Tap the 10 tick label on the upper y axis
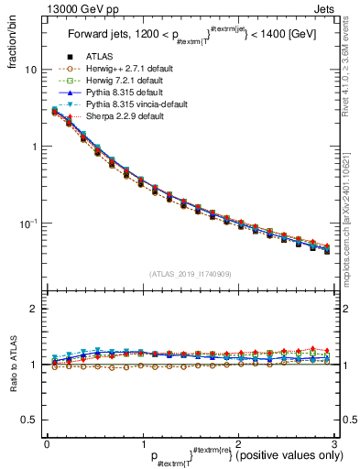tap(30, 70)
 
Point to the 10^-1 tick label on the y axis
tap(29, 224)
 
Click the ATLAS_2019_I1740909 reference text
tap(188, 274)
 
